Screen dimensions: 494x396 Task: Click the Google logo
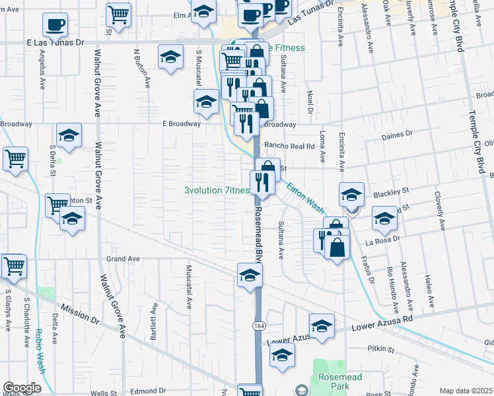(22, 387)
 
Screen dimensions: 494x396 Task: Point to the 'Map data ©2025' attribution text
(466, 391)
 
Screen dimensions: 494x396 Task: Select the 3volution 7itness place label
(217, 191)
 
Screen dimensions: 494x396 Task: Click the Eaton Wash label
(304, 197)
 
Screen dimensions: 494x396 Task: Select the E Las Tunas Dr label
(57, 42)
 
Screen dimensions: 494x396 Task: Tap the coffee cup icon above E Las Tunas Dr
(55, 25)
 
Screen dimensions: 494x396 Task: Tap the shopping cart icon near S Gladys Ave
(14, 265)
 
